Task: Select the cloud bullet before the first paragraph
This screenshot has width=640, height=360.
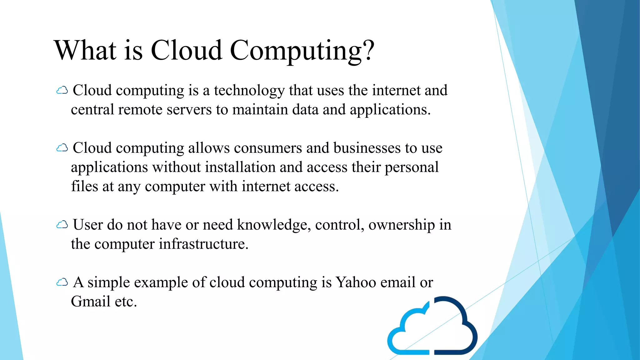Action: [62, 91]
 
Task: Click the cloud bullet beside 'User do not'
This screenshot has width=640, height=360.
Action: [62, 225]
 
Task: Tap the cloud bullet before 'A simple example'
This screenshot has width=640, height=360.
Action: [62, 282]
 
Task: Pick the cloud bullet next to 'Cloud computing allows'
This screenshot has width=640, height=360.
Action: [62, 148]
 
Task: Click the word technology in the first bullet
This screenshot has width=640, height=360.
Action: [249, 91]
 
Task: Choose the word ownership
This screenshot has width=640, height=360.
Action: [402, 225]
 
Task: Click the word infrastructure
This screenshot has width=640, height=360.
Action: [203, 244]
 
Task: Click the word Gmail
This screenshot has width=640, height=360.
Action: [91, 302]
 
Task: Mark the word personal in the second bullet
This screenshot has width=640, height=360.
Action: [411, 167]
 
